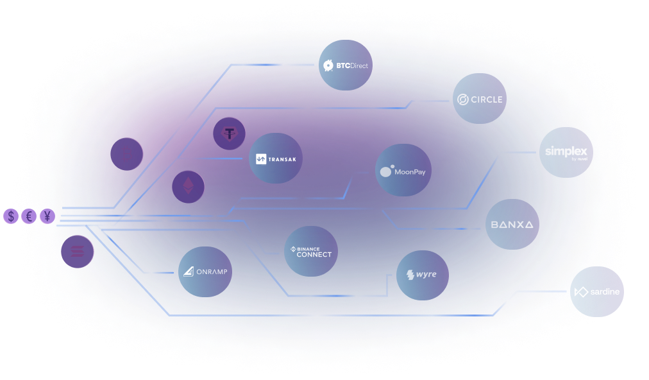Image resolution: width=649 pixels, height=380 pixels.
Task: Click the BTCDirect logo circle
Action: coord(346,65)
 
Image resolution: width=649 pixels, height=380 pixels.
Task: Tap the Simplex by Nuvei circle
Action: coord(566,152)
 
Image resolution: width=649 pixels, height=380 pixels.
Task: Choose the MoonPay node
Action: coord(402,171)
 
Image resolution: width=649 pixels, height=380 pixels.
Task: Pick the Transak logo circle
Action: coord(275,159)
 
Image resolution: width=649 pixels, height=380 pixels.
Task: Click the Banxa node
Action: coord(512,225)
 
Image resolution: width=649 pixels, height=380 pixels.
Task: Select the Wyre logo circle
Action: coord(422,275)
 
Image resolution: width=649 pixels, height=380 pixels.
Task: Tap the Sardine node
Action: coord(597,291)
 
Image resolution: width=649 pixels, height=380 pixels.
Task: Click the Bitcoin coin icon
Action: coord(126,155)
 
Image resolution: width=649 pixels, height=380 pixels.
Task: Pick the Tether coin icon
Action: coord(229,134)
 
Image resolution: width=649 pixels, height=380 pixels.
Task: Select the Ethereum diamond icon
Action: coord(188,187)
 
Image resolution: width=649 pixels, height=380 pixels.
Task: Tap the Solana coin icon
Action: coord(78,252)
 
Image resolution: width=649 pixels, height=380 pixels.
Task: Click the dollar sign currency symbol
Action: coord(11,216)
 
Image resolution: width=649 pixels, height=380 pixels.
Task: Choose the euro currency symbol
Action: coord(29,216)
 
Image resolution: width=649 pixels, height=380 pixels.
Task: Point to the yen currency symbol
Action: coord(47,216)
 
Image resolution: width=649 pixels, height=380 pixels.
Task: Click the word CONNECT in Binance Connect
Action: coord(314,254)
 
